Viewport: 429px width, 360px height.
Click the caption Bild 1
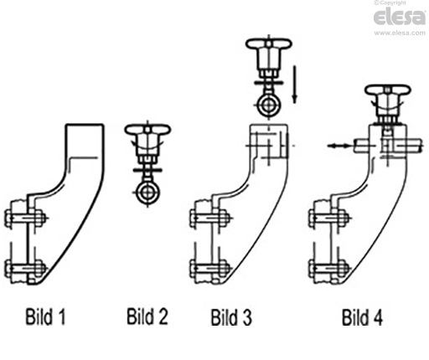45,316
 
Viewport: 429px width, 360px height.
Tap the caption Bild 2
147,316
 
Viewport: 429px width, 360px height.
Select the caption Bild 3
231,316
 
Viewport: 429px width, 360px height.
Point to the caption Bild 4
362,316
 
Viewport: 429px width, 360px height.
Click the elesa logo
400,17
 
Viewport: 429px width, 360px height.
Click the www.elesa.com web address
400,33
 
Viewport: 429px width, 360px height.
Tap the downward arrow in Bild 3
294,85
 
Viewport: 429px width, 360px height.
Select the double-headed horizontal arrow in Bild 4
339,146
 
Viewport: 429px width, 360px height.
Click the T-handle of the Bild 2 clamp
147,130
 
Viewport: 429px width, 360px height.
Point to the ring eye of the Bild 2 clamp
147,193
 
